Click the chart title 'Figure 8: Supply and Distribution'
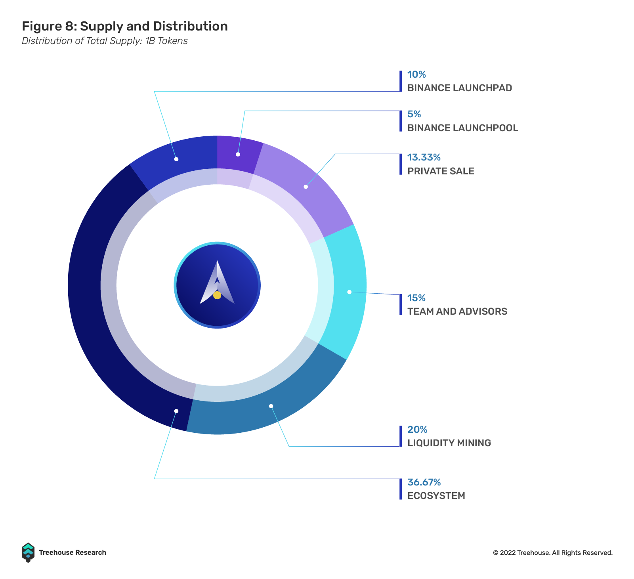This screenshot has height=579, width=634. [x=125, y=26]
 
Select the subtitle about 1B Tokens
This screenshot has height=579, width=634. [x=105, y=41]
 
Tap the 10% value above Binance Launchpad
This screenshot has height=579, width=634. [x=416, y=75]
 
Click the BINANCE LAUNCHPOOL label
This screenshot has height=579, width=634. [x=462, y=128]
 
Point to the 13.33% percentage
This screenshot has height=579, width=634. [x=424, y=157]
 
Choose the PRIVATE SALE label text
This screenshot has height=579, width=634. [x=441, y=171]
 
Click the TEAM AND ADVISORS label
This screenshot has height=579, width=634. [x=457, y=311]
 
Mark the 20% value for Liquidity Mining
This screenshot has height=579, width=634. [x=417, y=430]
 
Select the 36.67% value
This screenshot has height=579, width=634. [x=424, y=482]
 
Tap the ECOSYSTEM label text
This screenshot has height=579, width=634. [x=436, y=496]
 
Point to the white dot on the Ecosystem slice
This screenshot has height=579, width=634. [x=176, y=411]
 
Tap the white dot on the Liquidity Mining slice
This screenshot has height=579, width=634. [x=271, y=406]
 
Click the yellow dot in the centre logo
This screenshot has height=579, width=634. [x=217, y=295]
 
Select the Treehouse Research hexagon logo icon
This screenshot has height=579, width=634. [x=28, y=552]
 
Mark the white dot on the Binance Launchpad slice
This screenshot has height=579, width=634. [x=176, y=159]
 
